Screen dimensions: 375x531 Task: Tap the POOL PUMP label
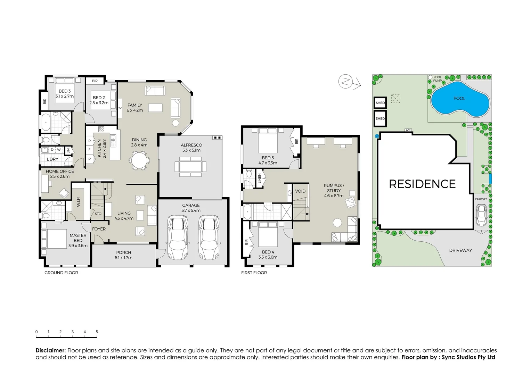click(x=437, y=79)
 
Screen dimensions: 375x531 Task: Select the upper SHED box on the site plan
click(x=380, y=103)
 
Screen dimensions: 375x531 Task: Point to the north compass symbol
click(x=344, y=81)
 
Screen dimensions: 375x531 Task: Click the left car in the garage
click(x=178, y=237)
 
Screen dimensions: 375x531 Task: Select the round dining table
click(x=139, y=161)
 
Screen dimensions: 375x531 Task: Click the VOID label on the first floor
click(x=300, y=191)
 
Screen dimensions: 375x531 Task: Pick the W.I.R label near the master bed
click(x=78, y=202)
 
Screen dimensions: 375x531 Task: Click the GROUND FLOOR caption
click(x=61, y=273)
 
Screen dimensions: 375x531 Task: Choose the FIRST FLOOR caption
click(x=254, y=273)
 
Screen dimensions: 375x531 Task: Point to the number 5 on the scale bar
click(x=97, y=332)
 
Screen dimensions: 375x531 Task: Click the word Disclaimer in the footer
click(x=50, y=351)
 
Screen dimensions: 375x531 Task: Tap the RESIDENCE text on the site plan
click(x=422, y=184)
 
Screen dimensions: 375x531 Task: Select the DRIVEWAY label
click(x=460, y=250)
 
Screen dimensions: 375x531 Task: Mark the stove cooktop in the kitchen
click(x=101, y=129)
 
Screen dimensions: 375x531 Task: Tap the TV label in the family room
click(x=120, y=108)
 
